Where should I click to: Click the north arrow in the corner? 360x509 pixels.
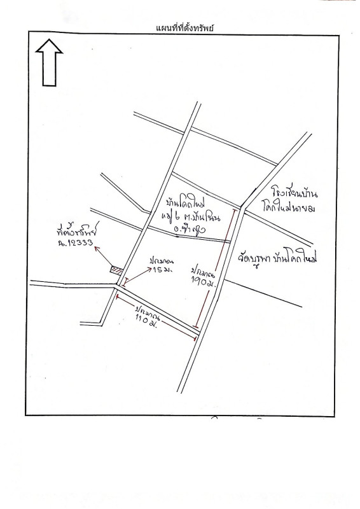(48, 62)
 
